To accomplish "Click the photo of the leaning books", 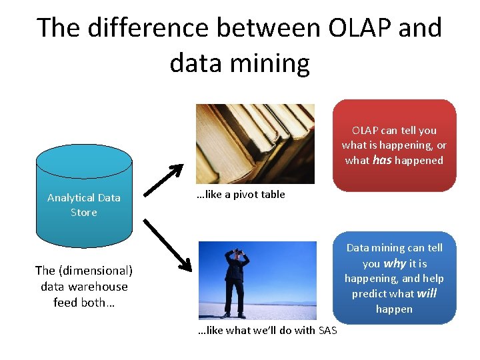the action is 255,143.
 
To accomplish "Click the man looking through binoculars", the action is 237,280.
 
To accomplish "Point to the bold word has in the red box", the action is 382,160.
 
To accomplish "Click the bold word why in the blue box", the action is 395,263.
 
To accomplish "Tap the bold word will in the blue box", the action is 426,294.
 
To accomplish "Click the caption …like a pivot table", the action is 241,195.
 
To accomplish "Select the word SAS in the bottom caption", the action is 328,331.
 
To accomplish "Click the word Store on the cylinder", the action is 84,213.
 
